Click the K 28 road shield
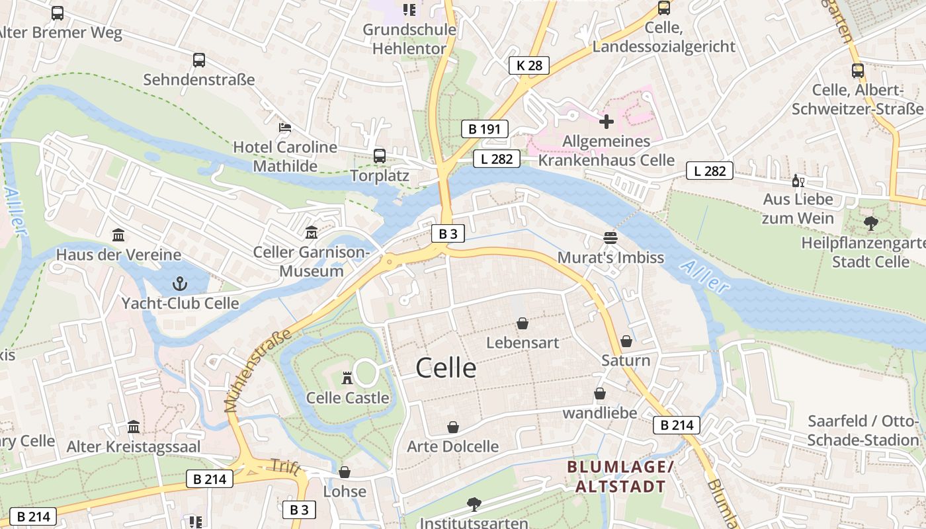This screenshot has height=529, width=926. click(x=529, y=65)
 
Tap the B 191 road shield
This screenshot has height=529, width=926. click(x=484, y=129)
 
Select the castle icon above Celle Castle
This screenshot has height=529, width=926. click(x=347, y=378)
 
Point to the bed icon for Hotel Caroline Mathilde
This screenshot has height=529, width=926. click(x=285, y=127)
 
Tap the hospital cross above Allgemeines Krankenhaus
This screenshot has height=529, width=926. click(x=606, y=121)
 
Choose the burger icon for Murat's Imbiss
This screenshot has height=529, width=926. click(x=610, y=238)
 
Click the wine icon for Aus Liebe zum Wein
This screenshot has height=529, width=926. click(x=798, y=181)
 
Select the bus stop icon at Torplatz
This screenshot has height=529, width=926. click(x=379, y=156)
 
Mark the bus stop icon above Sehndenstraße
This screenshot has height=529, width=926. click(x=198, y=60)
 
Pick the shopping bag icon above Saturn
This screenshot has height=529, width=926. click(x=626, y=341)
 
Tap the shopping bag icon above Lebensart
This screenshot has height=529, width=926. click(x=523, y=323)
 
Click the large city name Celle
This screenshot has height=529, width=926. click(x=446, y=368)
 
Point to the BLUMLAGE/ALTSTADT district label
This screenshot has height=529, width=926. click(x=620, y=477)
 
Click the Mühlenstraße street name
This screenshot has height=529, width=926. click(x=259, y=370)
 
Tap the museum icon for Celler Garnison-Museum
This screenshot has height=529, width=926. click(x=311, y=233)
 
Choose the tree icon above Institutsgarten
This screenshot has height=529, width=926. click(x=474, y=505)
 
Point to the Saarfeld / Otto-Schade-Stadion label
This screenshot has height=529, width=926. click(x=863, y=430)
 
